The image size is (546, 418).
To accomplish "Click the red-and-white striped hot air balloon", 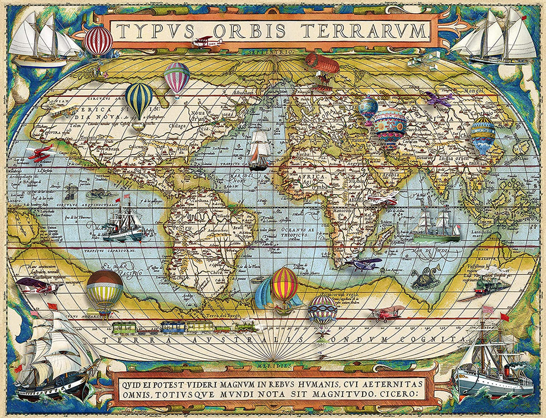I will pos(99,41).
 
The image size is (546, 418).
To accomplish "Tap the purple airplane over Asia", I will pos(438,98).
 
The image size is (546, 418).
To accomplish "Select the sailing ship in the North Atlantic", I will pos(259,149).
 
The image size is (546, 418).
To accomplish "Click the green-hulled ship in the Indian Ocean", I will pos(436,227).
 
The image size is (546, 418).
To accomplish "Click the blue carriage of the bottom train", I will pos(172,326).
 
